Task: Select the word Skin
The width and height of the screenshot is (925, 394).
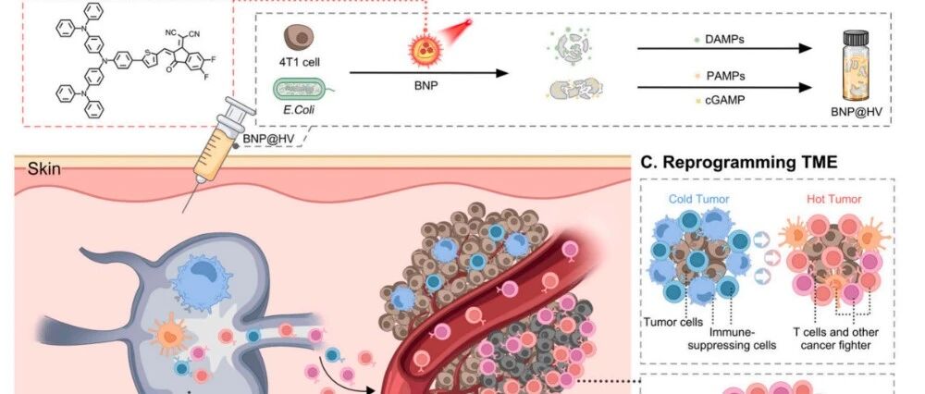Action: coord(43,168)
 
